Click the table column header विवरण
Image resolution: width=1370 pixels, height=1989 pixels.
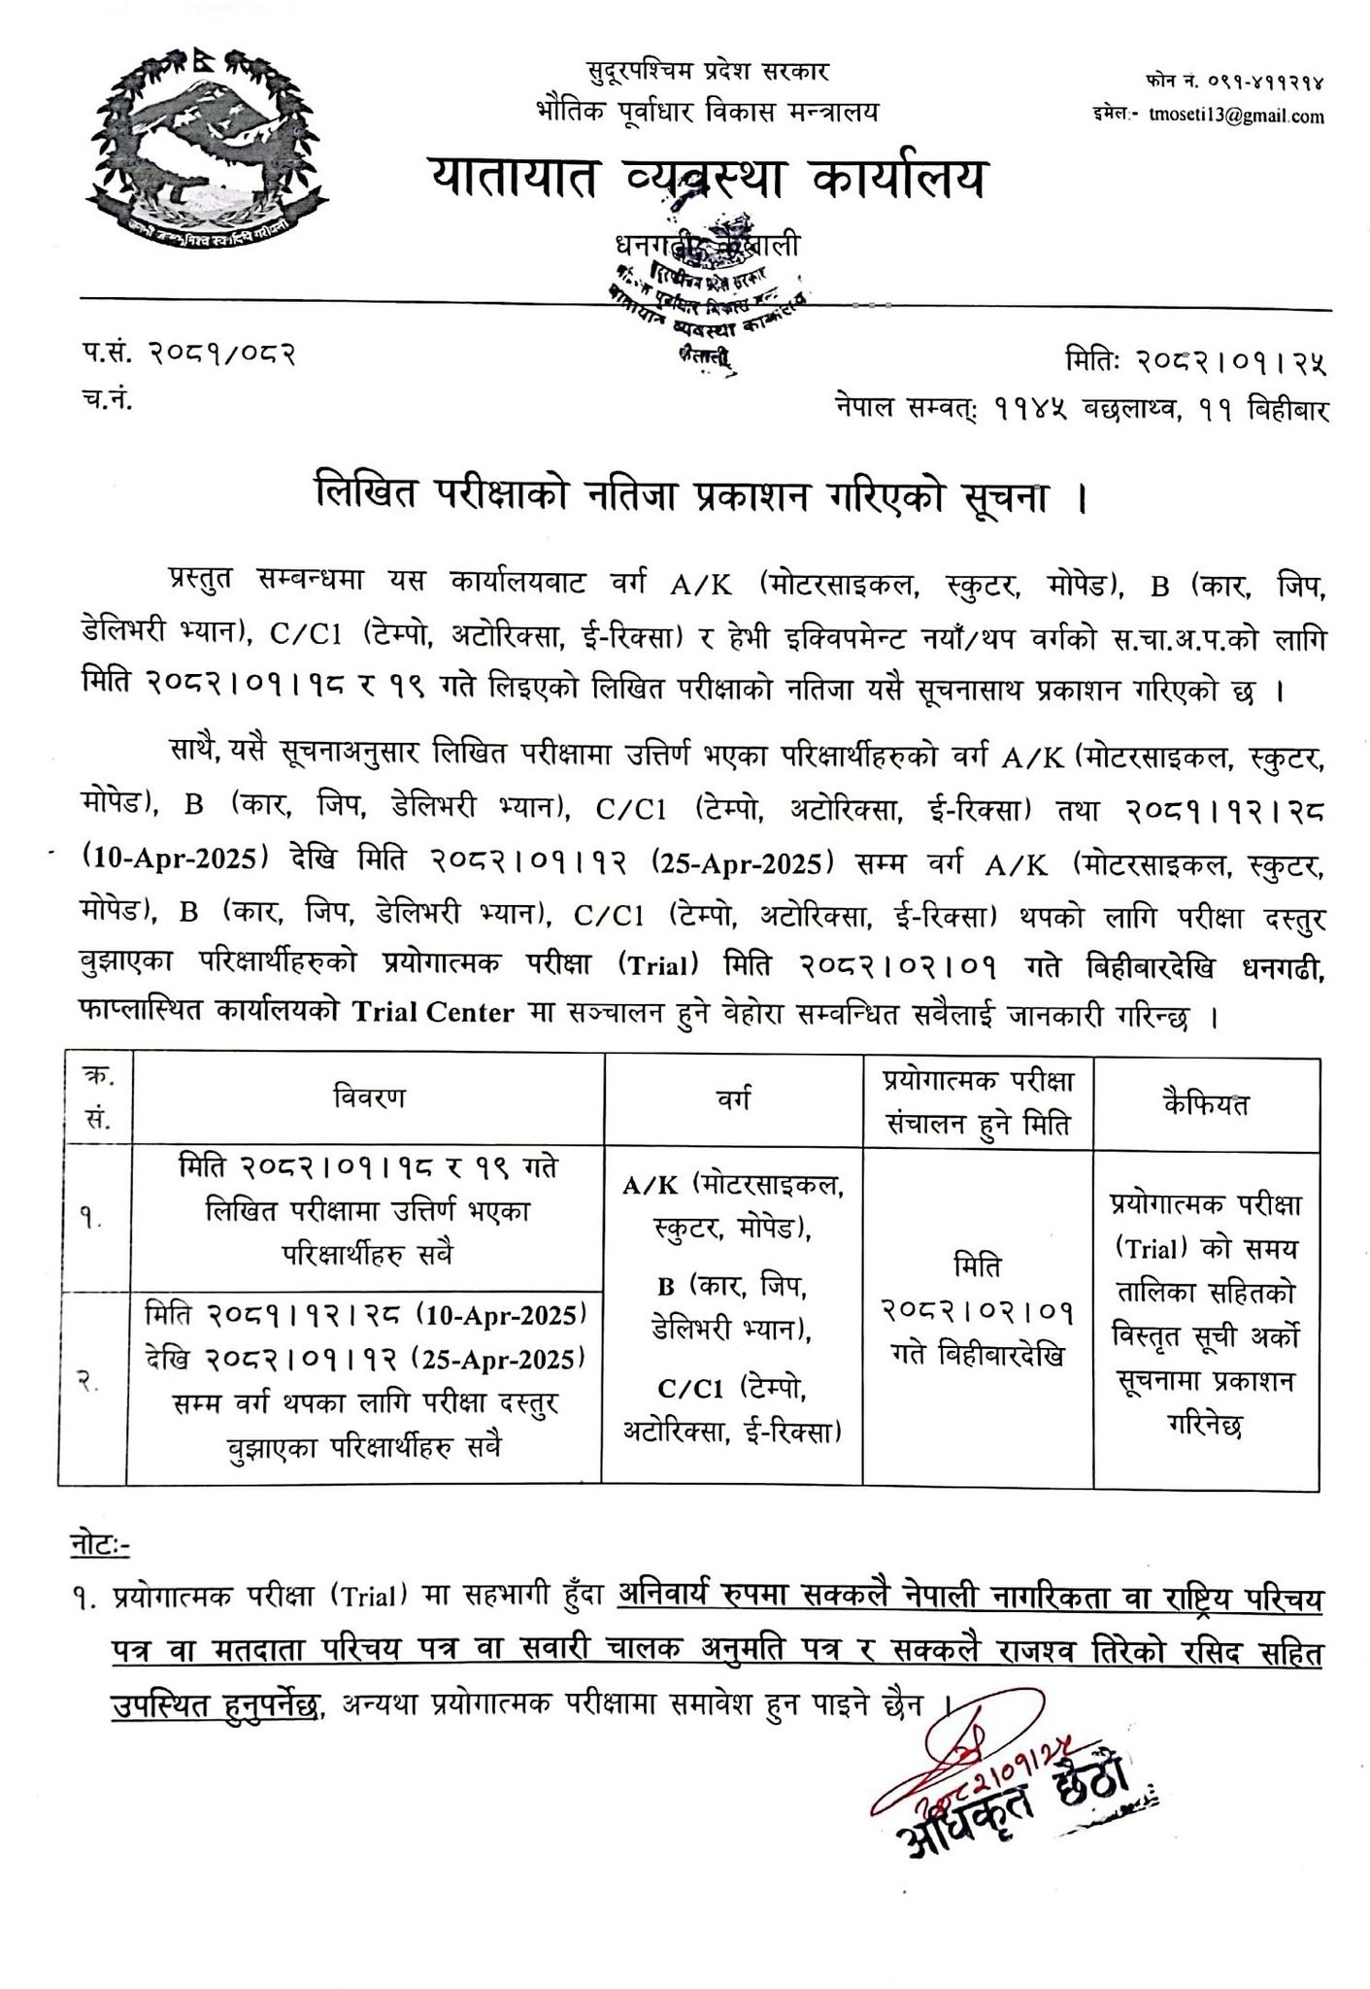coord(368,1098)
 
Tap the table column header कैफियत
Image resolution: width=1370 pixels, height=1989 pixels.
coord(1205,1104)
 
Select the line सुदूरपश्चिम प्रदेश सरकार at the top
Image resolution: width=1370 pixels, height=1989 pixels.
coord(708,72)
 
